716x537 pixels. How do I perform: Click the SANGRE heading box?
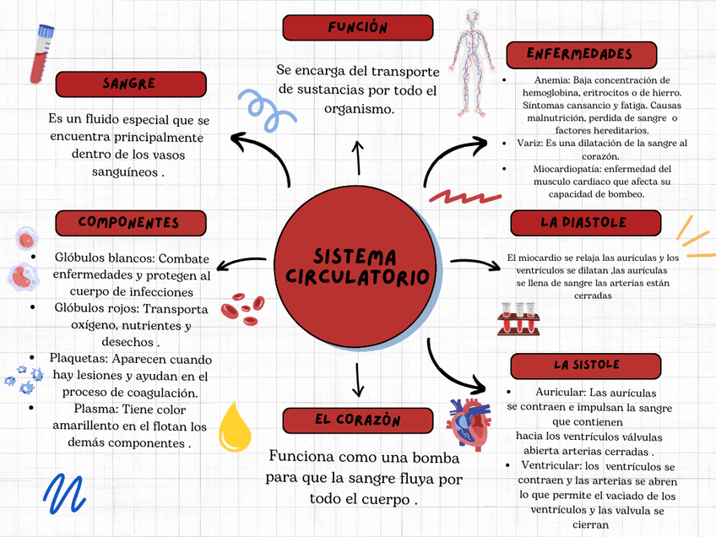(131, 84)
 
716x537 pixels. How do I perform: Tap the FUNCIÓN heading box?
(357, 28)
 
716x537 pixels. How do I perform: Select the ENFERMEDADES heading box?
(581, 55)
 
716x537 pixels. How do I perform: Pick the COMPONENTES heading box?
(131, 223)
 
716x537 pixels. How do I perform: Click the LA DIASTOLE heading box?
(585, 223)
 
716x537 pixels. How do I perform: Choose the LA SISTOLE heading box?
(585, 366)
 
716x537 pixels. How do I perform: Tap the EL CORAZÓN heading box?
(357, 420)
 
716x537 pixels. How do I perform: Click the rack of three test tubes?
(518, 319)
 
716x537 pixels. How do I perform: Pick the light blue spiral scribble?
(265, 110)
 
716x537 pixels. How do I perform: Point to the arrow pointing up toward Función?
(357, 158)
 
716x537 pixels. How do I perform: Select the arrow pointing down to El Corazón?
(358, 379)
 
